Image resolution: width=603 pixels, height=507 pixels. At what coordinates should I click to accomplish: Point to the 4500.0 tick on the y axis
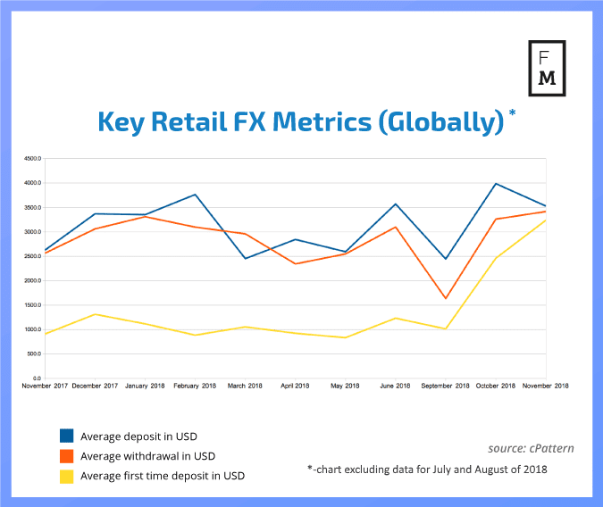[x=32, y=159]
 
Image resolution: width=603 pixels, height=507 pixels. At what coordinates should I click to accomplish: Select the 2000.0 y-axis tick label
[x=32, y=281]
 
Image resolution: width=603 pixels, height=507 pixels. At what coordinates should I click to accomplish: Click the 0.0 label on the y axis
[x=37, y=378]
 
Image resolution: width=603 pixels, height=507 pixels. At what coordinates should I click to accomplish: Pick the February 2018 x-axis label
[x=195, y=386]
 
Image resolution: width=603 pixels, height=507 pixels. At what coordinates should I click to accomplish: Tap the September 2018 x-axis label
[x=445, y=386]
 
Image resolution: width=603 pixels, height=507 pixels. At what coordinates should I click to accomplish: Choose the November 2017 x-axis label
[x=46, y=386]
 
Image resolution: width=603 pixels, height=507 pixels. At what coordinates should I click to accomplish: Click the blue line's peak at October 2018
[x=495, y=184]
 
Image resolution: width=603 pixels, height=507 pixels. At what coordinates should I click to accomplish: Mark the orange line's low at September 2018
[x=445, y=298]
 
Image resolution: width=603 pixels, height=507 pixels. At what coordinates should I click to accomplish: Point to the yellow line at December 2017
[x=95, y=314]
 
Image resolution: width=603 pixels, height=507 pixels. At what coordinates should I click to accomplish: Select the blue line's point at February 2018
[x=195, y=195]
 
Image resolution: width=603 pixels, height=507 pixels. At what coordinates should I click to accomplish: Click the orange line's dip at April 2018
[x=295, y=263]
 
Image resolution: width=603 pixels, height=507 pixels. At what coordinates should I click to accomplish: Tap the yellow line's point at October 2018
[x=495, y=258]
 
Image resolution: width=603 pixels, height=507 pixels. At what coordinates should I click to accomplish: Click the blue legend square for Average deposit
[x=67, y=436]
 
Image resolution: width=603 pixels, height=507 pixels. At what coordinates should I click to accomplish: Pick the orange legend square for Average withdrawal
[x=67, y=456]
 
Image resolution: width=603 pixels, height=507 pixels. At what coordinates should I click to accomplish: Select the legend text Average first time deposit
[x=162, y=477]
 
